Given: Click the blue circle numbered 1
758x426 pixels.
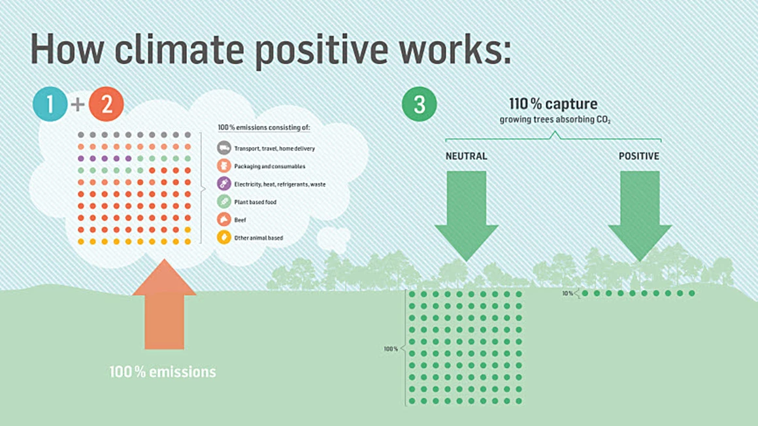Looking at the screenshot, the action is [50, 104].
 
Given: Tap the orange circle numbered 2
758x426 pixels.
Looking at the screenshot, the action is [107, 104].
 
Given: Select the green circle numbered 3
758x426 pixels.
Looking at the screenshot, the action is [419, 104].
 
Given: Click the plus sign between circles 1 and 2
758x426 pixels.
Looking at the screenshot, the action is [78, 105].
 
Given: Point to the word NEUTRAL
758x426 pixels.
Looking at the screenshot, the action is [467, 156].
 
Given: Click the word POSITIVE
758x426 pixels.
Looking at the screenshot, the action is [639, 156].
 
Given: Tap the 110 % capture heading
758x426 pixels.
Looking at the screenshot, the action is [553, 103].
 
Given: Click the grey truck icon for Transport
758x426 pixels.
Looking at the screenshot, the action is [224, 148].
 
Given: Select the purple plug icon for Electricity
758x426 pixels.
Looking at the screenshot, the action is [224, 184].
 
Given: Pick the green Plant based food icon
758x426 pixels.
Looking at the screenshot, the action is [224, 202].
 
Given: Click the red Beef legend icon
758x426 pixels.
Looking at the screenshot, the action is [224, 220].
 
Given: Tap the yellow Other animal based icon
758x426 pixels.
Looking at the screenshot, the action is [224, 237].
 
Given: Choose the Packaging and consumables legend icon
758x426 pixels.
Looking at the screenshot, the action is [224, 166].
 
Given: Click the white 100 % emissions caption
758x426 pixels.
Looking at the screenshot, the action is [163, 372].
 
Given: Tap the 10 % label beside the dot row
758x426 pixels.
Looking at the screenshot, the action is [568, 293].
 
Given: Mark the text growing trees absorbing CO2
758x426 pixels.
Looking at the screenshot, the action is [555, 120].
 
